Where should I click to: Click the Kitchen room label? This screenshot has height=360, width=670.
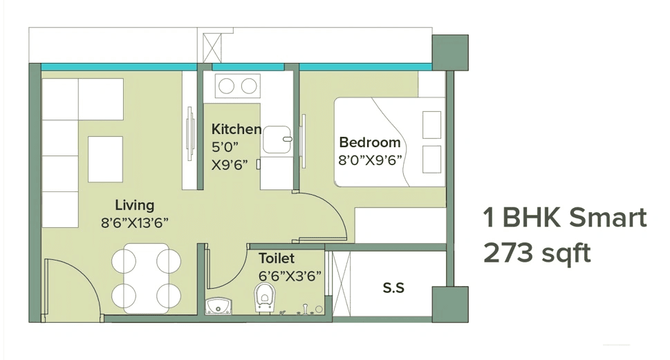pos(236,129)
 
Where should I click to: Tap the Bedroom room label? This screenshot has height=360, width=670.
pos(369,143)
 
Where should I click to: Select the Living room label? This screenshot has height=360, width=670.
pos(134,205)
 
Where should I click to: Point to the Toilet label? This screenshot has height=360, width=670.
pos(277,258)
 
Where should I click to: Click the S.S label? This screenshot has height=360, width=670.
pos(393,288)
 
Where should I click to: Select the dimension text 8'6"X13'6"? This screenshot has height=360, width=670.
pos(135,222)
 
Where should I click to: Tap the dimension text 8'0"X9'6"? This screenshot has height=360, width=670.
pos(371,160)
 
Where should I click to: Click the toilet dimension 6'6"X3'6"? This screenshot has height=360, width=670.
pos(290,275)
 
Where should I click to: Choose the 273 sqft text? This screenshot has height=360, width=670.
pos(537,254)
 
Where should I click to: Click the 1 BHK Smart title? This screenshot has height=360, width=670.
pos(565,218)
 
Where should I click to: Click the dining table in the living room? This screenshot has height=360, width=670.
pos(146,277)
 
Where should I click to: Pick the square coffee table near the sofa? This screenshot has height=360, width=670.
pos(106,157)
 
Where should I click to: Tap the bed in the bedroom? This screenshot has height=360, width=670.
pos(389,142)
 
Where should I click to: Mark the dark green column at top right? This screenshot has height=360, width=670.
pos(450,50)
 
